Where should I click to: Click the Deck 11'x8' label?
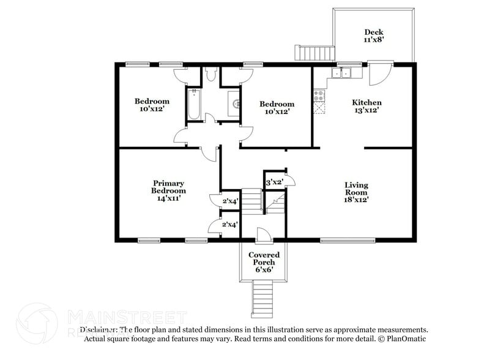coord(373,36)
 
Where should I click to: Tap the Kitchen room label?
coord(367,106)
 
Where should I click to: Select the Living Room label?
coord(355,192)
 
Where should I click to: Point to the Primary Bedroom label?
coord(169,190)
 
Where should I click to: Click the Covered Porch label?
coord(264,261)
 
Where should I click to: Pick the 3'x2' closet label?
coord(274,181)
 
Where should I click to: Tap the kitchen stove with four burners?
coord(319,96)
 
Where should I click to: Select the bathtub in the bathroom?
coord(194,105)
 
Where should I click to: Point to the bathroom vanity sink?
coord(234,103)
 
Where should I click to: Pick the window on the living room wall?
coord(348,241)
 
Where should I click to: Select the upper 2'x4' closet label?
coord(230,201)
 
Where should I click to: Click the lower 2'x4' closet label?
coord(230,225)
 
